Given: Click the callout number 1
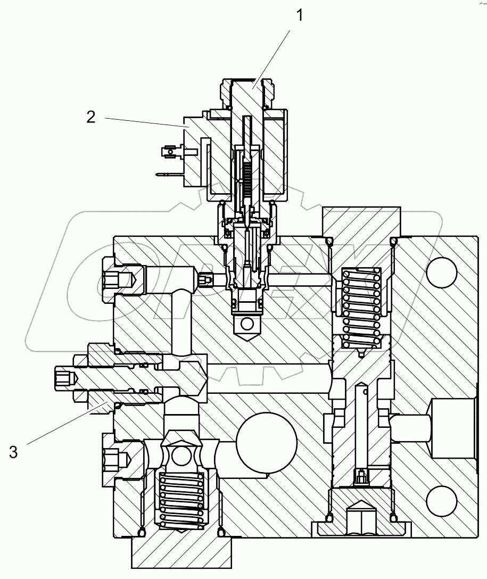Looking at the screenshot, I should click(300, 15).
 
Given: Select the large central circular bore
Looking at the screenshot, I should click(266, 441).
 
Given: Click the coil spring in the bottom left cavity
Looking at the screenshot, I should click(182, 500).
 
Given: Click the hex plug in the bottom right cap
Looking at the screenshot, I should click(360, 519).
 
